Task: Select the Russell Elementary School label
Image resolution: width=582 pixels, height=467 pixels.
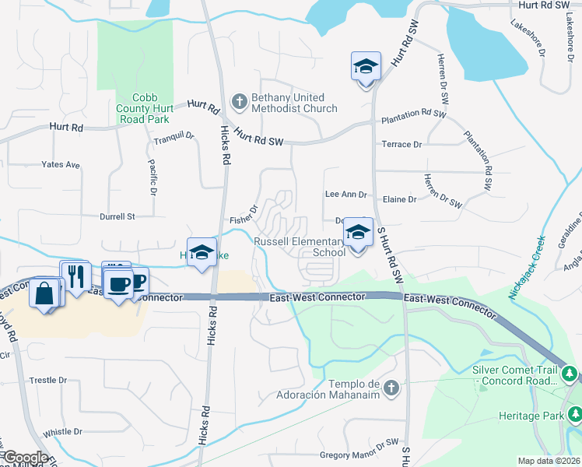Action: coord(300,247)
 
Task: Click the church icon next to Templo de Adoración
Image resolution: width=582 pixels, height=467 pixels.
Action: coord(391,387)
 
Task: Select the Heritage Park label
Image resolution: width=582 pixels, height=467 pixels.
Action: coord(532,416)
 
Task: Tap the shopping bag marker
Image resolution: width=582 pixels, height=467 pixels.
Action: coord(44,293)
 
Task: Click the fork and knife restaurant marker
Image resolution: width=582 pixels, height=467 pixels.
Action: coord(76,276)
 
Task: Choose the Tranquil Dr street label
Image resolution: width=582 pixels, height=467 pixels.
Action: coord(173,136)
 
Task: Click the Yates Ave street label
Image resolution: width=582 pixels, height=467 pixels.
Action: coord(61,165)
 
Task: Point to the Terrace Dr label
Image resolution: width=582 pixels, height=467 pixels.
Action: coord(401,145)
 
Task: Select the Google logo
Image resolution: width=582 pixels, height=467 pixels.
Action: coord(25,458)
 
